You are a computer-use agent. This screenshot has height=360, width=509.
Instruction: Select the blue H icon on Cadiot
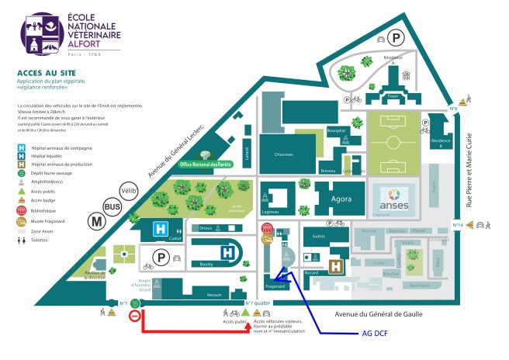(x=161, y=229)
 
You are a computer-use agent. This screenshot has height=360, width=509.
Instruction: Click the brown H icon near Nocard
(x=337, y=266)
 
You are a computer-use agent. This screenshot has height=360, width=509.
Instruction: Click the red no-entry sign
(x=134, y=316)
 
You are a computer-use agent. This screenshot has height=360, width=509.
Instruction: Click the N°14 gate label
(x=459, y=225)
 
